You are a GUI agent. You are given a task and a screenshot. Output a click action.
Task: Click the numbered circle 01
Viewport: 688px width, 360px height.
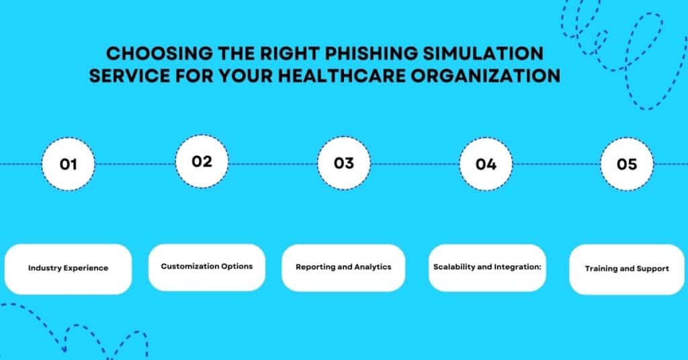point(68,164)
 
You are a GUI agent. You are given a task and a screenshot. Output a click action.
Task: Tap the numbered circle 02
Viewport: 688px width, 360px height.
point(202,161)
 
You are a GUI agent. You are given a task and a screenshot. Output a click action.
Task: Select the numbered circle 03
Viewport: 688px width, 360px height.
point(344,163)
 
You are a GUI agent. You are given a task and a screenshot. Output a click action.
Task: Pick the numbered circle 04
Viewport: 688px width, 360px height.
point(485,164)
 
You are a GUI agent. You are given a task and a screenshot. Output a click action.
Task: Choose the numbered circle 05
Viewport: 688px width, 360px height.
point(626,163)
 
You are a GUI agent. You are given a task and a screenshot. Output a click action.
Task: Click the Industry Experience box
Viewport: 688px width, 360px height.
point(68,269)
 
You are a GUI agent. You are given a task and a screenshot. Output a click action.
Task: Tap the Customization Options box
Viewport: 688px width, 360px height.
point(207,267)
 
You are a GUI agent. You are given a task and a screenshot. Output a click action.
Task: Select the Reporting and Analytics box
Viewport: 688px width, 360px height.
point(343,267)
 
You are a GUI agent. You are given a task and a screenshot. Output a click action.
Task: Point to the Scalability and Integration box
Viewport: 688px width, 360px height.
point(487,267)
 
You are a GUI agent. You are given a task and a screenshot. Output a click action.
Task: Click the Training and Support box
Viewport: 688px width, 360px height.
point(627,269)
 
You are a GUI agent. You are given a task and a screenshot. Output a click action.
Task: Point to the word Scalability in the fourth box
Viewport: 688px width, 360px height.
point(454,267)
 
